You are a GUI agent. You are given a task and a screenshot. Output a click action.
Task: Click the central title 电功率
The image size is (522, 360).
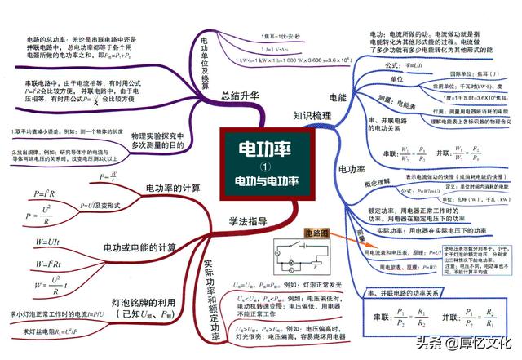click(260, 150)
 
